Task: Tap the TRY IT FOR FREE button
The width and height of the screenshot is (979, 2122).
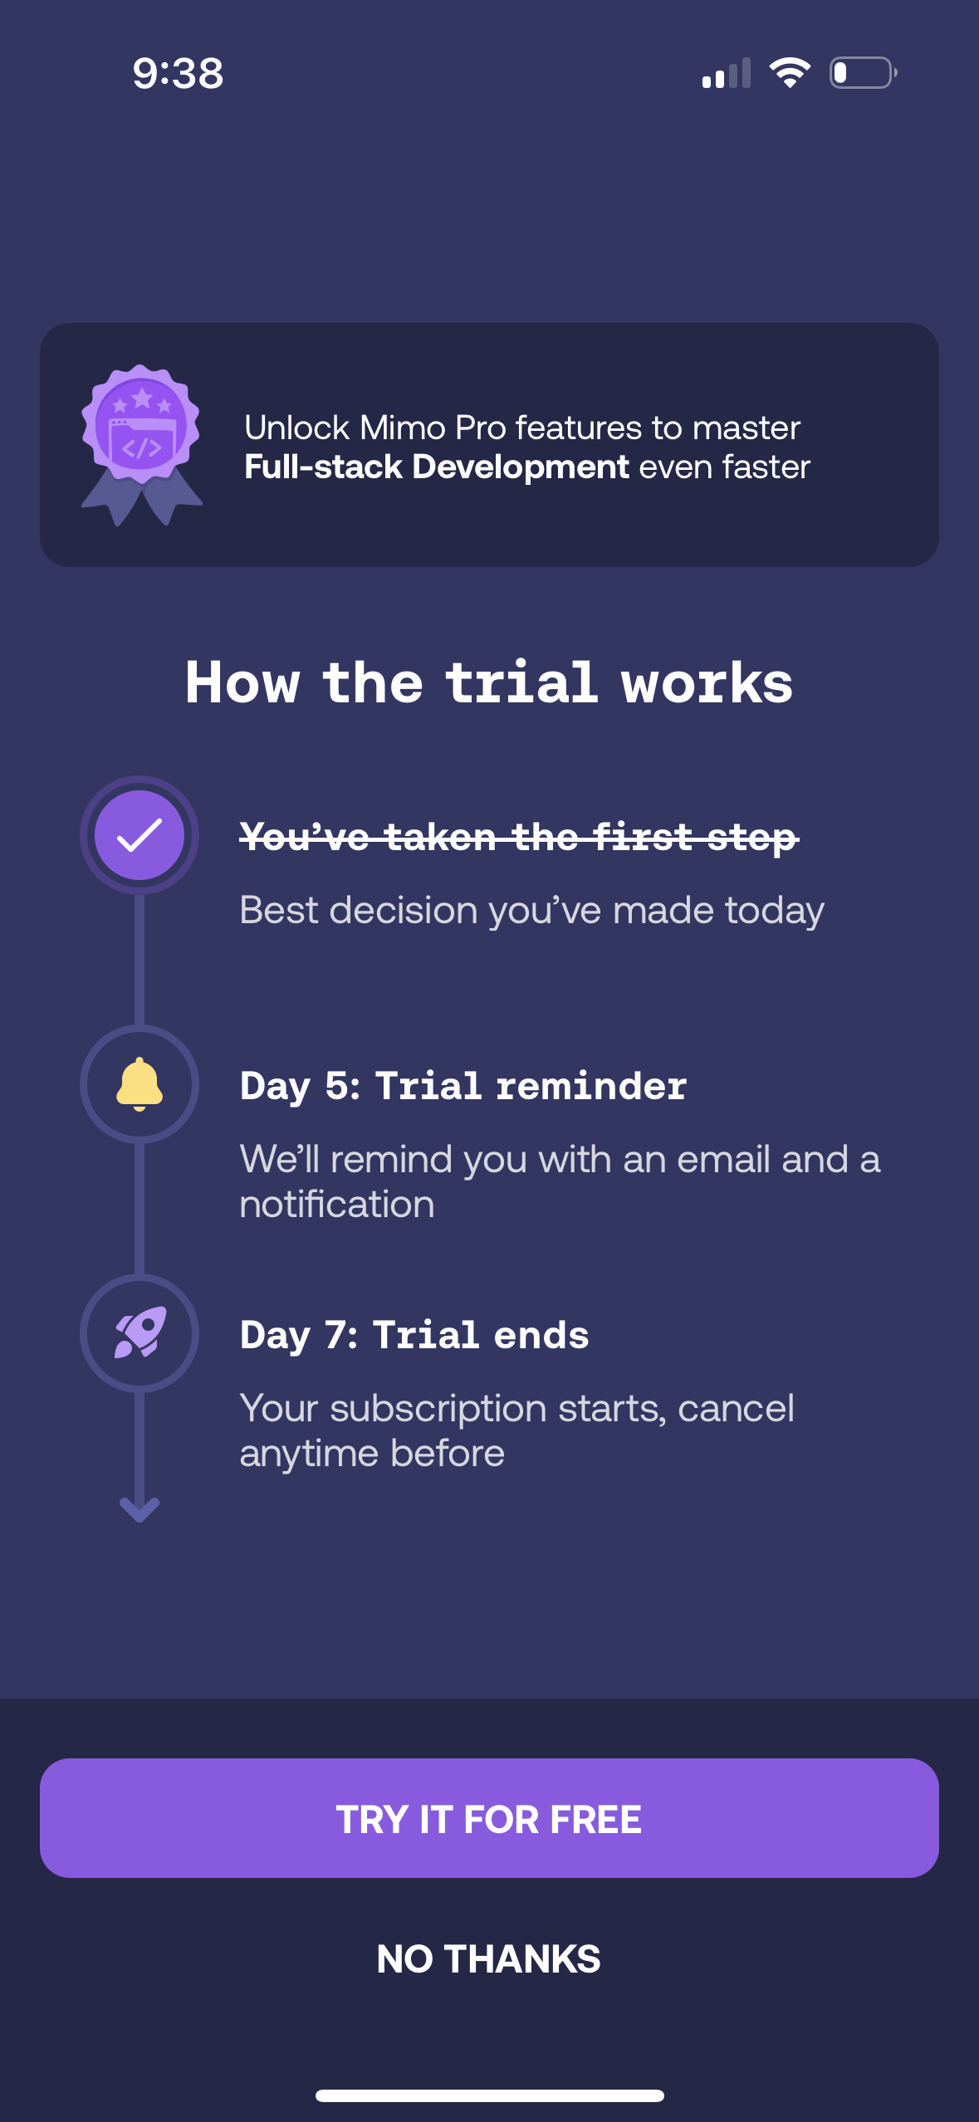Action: tap(489, 1818)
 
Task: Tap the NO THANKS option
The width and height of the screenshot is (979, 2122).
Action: tap(489, 1959)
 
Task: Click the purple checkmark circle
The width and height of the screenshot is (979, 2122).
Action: tap(140, 835)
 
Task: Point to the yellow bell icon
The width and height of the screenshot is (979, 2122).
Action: tap(140, 1084)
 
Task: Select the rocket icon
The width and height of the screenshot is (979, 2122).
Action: tap(140, 1332)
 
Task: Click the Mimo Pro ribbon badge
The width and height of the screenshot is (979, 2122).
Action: tap(141, 445)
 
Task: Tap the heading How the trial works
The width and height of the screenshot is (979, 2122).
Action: tap(489, 682)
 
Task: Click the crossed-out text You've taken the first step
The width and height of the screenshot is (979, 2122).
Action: tap(519, 837)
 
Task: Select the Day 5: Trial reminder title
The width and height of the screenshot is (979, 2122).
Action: tap(463, 1086)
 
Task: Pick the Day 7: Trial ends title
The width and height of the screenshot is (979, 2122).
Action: tap(414, 1335)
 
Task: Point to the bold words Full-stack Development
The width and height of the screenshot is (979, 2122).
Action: tap(437, 467)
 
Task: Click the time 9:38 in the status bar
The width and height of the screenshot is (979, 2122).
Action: tap(179, 73)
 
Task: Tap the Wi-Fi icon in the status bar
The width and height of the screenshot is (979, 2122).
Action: tap(790, 73)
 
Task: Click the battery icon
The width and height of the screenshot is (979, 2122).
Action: tap(864, 73)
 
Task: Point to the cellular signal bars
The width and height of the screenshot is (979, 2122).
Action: tap(727, 73)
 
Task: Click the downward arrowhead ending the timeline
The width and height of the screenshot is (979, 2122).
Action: tap(140, 1509)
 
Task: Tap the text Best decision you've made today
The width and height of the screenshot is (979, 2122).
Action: tap(532, 911)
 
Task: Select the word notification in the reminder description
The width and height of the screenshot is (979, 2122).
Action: tap(337, 1205)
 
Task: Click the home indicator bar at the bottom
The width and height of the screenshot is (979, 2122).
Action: tap(489, 2095)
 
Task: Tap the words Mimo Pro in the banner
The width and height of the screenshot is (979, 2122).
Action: tap(433, 428)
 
